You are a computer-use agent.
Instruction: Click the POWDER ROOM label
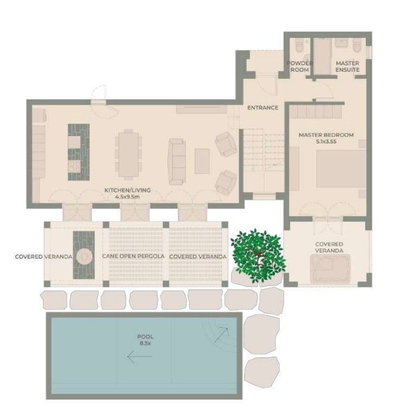[299, 66]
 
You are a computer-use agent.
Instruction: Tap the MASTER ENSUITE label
[347, 66]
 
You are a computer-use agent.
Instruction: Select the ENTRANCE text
[262, 107]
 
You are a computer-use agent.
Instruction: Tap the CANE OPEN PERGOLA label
[133, 256]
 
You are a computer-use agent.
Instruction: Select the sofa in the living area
[176, 161]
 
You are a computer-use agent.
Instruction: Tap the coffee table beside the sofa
[202, 161]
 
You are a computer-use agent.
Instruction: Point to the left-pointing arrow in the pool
[139, 356]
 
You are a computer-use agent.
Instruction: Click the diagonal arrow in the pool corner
[221, 334]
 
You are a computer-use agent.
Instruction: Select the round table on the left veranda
[84, 256]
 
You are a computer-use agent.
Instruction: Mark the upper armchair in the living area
[224, 143]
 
